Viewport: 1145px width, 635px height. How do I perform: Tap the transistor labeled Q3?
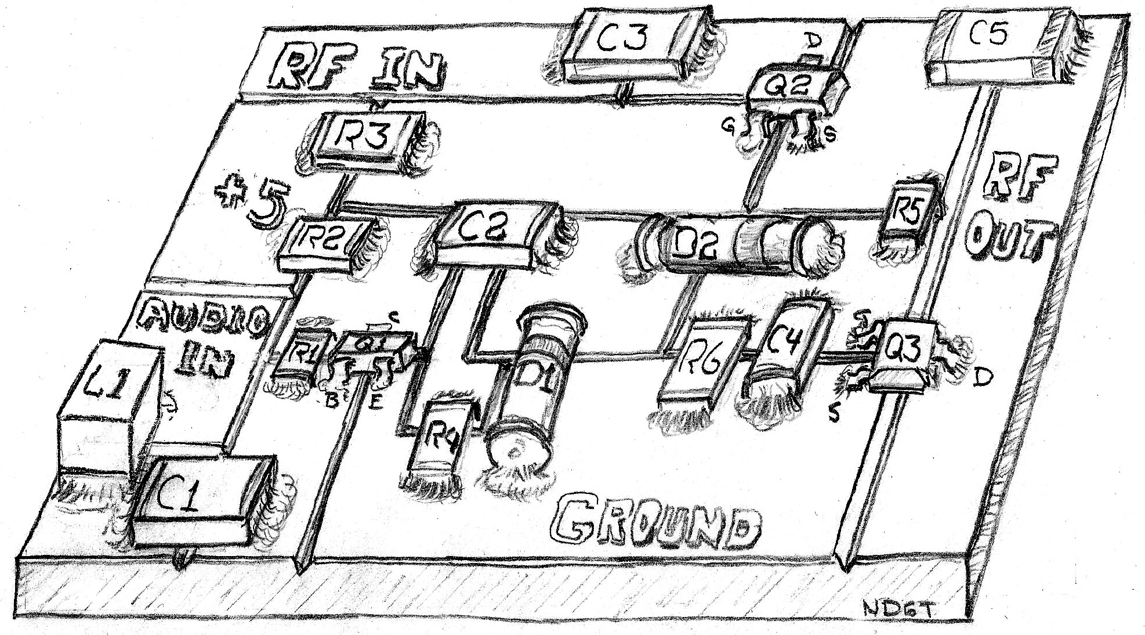pos(899,354)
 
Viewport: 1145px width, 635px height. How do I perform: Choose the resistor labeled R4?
pos(444,435)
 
